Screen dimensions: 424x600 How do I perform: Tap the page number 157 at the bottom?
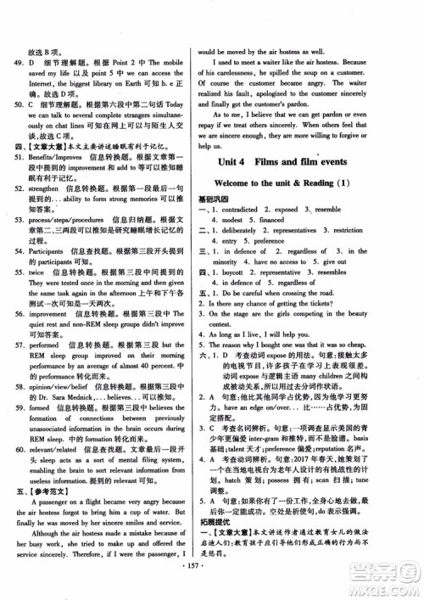(211, 586)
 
